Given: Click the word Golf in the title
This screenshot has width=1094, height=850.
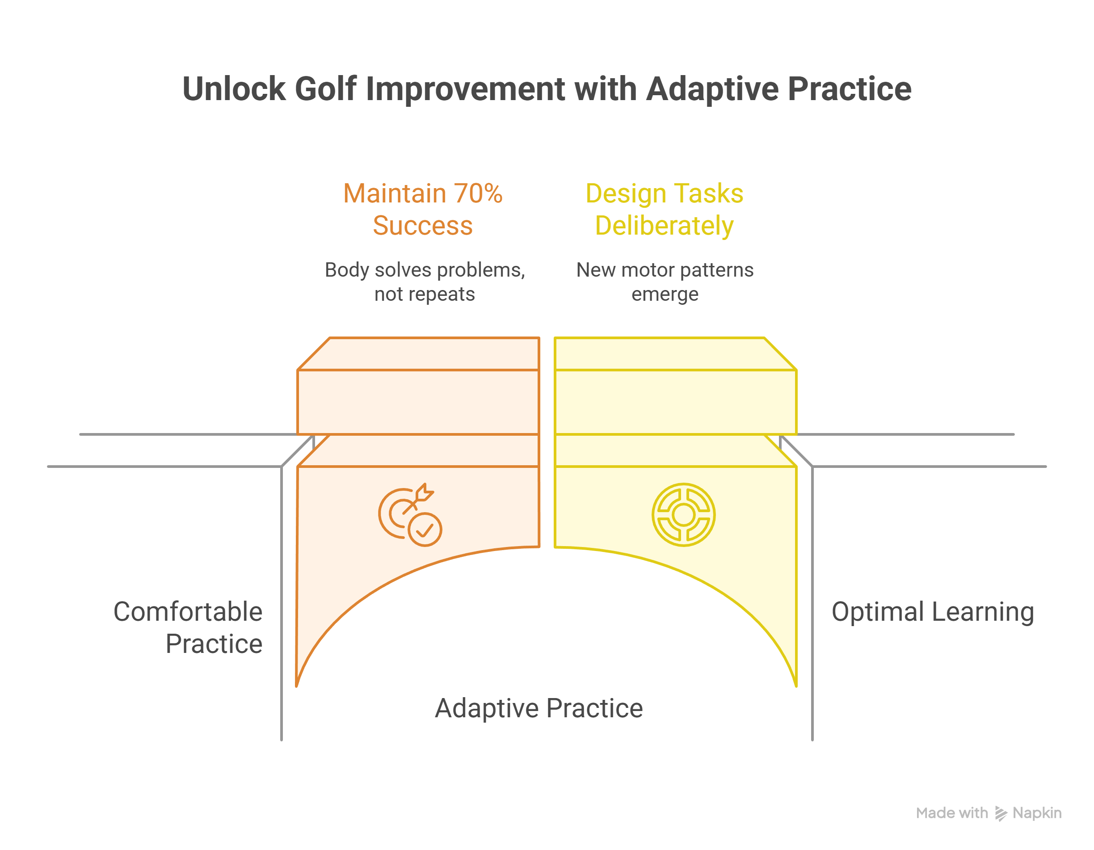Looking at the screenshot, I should click(x=325, y=89).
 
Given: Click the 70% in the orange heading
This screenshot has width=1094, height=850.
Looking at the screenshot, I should click(x=478, y=194).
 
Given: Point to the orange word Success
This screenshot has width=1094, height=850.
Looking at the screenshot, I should click(x=423, y=226).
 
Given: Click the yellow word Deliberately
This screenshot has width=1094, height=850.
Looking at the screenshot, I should click(x=664, y=226).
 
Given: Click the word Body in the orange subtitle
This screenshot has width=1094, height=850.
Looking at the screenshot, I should click(x=347, y=270).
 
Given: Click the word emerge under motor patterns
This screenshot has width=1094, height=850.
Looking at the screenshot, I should click(x=665, y=295).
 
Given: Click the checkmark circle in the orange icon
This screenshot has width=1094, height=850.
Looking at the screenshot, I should click(x=425, y=530).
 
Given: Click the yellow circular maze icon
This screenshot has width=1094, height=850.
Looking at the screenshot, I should click(x=683, y=514).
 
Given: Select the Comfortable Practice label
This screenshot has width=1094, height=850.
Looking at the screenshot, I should click(x=188, y=627).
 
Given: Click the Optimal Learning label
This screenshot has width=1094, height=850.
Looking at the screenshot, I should click(x=933, y=612).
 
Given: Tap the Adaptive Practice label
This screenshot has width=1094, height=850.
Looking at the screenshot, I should click(x=539, y=708).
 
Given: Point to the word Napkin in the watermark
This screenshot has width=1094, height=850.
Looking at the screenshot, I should click(x=1037, y=813).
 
